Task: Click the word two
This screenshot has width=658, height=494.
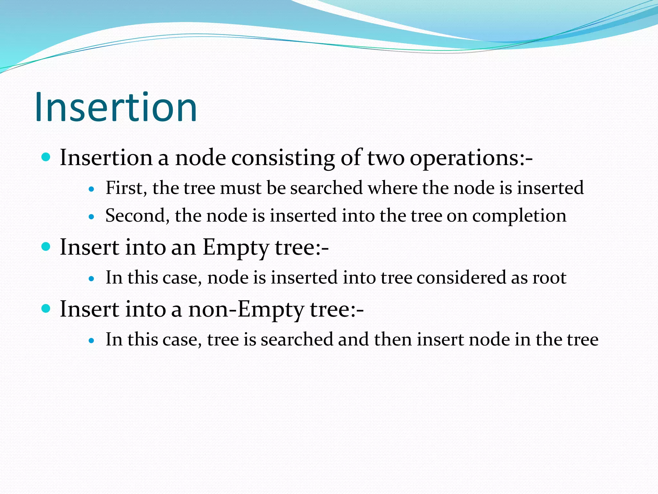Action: click(386, 158)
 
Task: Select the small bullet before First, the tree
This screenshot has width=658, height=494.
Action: click(92, 189)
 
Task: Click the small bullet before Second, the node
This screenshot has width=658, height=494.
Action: click(92, 217)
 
